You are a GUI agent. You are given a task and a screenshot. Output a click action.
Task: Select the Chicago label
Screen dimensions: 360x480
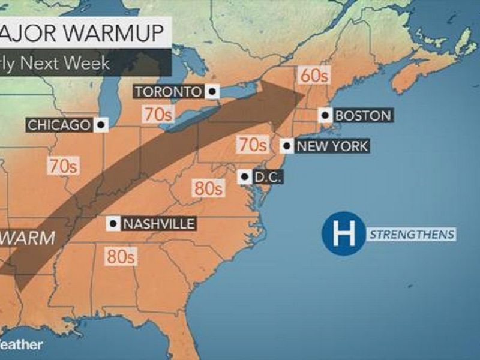[59, 125]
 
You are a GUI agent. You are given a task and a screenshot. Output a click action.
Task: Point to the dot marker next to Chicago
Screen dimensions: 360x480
[101, 125]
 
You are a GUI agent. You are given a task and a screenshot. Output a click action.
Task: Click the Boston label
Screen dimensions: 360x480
[363, 115]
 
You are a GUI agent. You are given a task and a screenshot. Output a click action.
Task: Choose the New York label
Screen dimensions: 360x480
[332, 146]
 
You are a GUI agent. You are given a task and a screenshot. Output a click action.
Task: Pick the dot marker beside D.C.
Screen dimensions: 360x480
[244, 177]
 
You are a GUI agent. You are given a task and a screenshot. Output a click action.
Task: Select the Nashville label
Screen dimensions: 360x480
[158, 224]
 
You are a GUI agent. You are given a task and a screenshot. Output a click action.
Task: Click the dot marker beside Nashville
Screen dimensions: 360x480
[112, 224]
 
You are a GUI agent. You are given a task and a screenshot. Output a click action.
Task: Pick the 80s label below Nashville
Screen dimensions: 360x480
[121, 256]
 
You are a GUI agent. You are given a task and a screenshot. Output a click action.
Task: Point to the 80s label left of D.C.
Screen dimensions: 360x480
[208, 188]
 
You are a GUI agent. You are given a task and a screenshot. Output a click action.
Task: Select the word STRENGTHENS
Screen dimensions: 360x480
[412, 234]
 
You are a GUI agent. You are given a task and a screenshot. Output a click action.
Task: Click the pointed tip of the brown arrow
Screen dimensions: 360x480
[304, 95]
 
